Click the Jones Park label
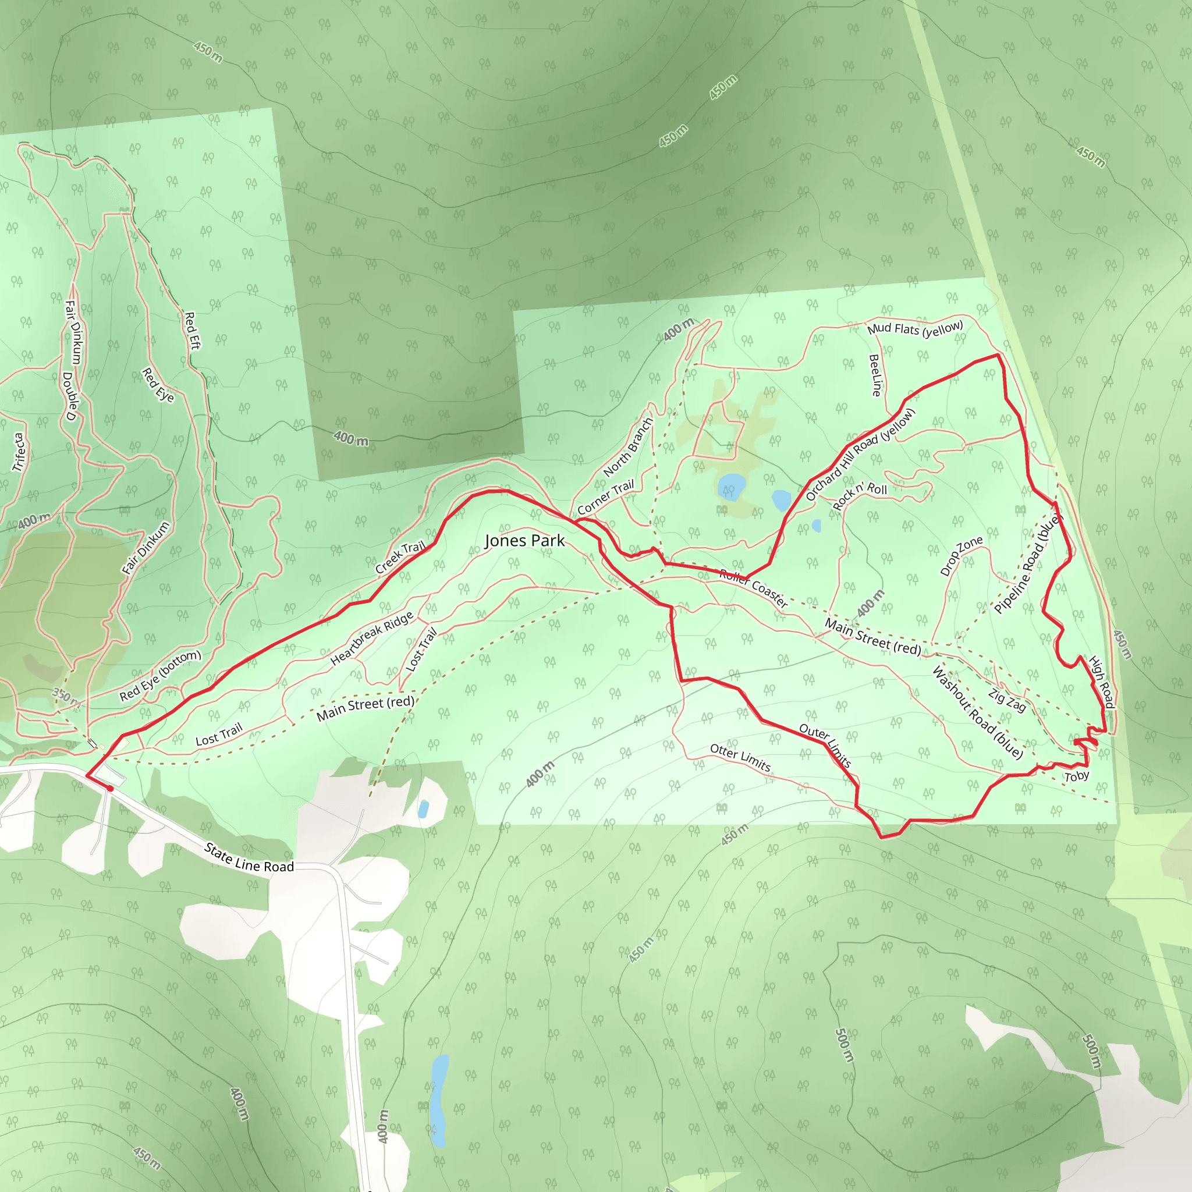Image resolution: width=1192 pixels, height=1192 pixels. click(x=524, y=541)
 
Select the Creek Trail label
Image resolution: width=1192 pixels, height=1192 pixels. click(x=400, y=556)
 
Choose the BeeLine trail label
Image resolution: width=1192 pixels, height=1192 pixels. click(x=874, y=375)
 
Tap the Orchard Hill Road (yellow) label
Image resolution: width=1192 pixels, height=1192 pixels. click(x=860, y=454)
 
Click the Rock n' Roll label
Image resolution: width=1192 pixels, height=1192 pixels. click(x=860, y=495)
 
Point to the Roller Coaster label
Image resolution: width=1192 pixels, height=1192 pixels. click(x=753, y=588)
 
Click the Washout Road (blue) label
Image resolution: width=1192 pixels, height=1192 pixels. click(x=977, y=712)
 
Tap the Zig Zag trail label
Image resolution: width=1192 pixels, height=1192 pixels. click(x=1007, y=700)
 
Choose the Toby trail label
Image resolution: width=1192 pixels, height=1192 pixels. click(x=1077, y=776)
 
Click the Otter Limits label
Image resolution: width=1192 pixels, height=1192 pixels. click(x=740, y=758)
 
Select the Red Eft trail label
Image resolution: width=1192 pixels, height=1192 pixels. click(x=193, y=331)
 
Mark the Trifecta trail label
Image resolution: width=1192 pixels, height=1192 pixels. click(x=19, y=452)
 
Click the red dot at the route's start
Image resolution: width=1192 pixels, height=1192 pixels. click(x=111, y=788)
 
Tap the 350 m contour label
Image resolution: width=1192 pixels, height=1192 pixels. click(x=66, y=697)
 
